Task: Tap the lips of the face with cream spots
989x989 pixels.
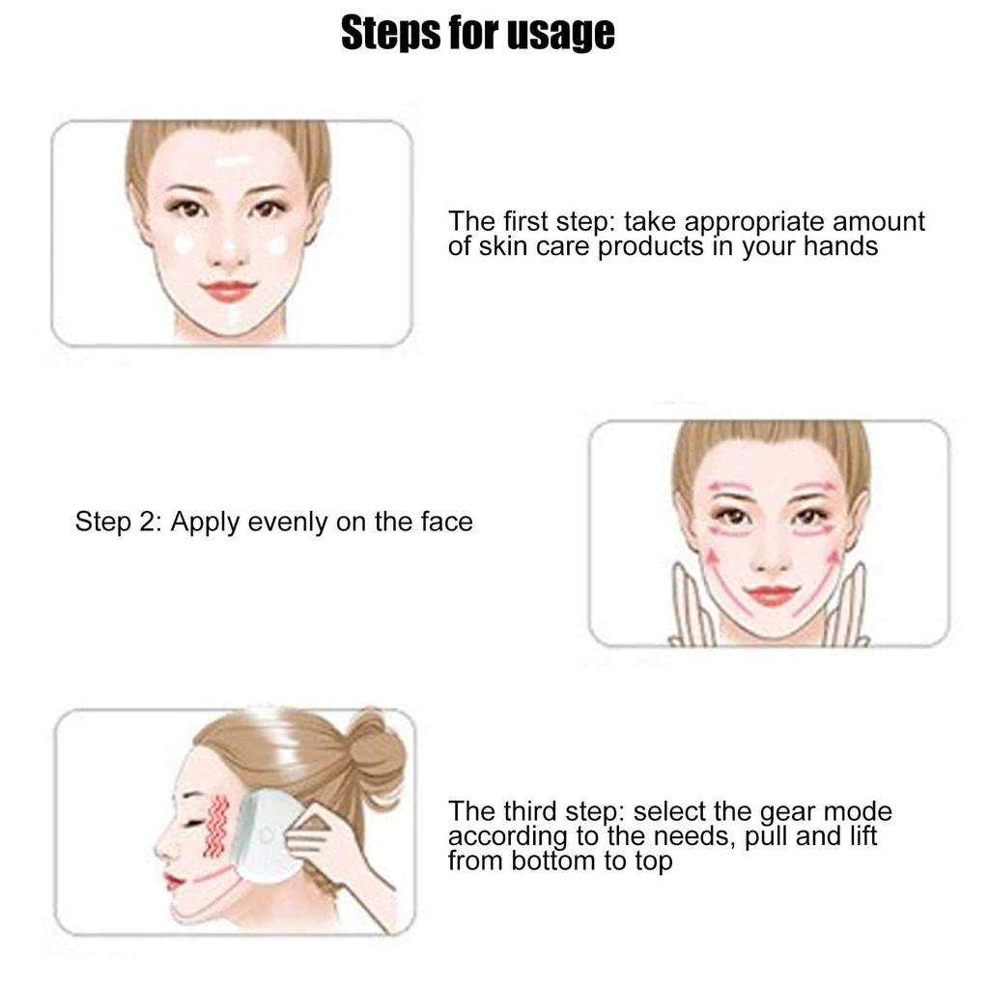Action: [229, 290]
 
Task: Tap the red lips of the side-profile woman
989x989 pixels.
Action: [173, 881]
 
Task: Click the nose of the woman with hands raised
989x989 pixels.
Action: [771, 555]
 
